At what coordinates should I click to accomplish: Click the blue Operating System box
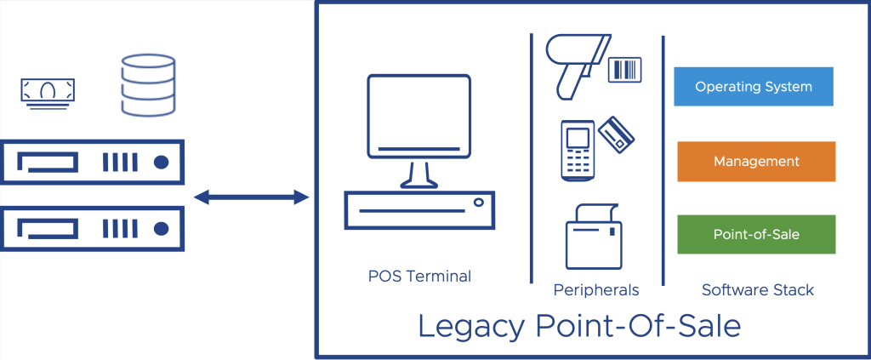(x=753, y=87)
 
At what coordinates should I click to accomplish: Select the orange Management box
(x=755, y=162)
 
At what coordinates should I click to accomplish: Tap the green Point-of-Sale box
(x=755, y=234)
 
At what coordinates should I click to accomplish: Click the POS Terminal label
(x=419, y=276)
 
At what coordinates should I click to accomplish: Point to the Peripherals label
(x=595, y=290)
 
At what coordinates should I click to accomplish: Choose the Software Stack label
(x=757, y=290)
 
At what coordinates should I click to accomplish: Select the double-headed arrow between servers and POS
(x=251, y=198)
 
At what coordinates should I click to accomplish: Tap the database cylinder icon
(x=147, y=84)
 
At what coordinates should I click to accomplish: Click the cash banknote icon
(x=48, y=90)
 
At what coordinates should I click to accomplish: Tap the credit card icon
(x=617, y=134)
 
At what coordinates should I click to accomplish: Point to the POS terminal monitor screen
(x=418, y=116)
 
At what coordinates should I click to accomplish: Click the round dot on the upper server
(x=160, y=162)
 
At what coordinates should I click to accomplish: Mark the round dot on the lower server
(x=160, y=227)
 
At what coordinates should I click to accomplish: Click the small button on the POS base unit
(x=479, y=203)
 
